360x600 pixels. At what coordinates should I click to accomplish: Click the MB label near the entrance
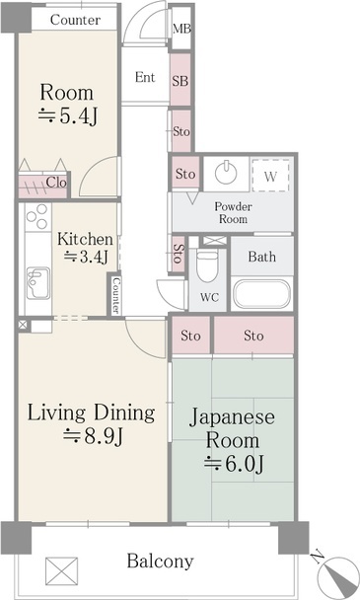(181, 29)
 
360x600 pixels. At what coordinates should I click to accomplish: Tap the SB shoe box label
(180, 81)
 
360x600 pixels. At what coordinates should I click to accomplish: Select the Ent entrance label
(145, 77)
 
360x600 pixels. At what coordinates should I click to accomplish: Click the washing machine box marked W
(270, 176)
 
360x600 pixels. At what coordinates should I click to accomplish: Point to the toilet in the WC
(208, 264)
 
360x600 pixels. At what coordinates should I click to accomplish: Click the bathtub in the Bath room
(262, 294)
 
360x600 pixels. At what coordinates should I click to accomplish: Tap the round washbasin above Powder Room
(226, 173)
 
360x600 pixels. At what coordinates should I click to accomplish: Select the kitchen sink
(37, 283)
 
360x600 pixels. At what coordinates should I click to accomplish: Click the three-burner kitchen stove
(37, 217)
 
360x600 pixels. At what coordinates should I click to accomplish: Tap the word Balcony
(160, 562)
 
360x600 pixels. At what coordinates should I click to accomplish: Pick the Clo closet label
(56, 183)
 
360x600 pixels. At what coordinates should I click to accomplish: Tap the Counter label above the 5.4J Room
(75, 20)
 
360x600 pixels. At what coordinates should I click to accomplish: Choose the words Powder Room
(233, 213)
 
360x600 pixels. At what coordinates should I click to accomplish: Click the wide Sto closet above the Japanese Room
(253, 336)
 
